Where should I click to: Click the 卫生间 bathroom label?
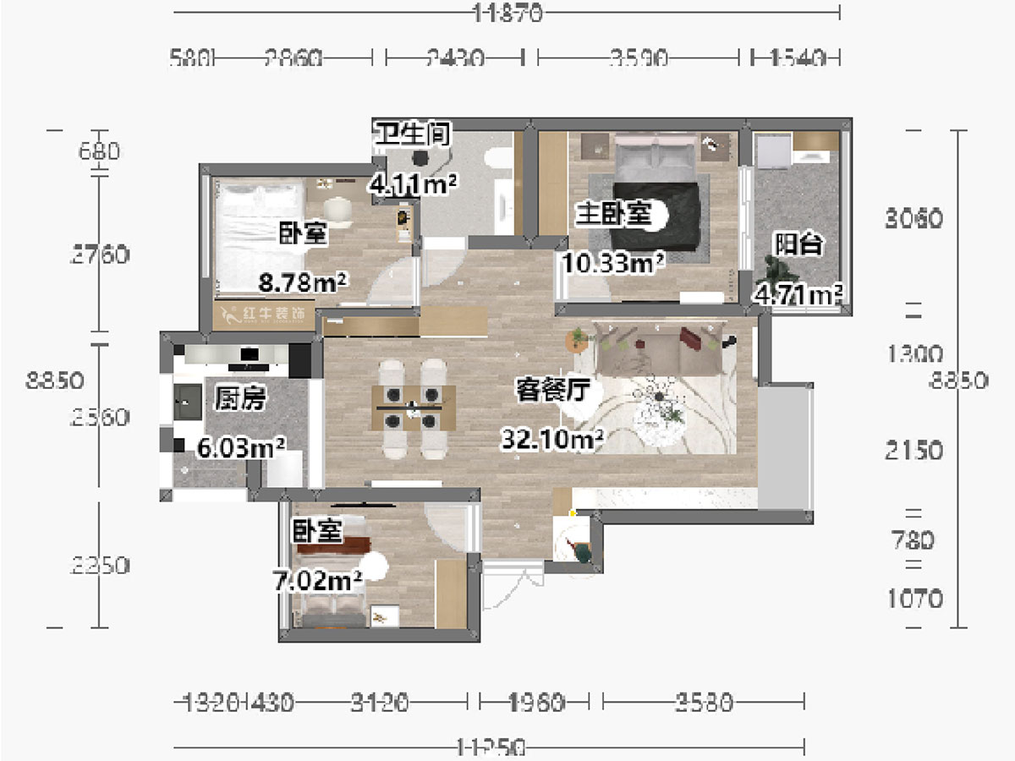pyautogui.click(x=413, y=134)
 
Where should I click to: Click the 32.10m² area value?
pyautogui.click(x=552, y=439)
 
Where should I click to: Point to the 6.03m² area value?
pyautogui.click(x=240, y=446)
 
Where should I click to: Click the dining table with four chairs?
pyautogui.click(x=414, y=408)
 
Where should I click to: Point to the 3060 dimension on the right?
pyautogui.click(x=913, y=219)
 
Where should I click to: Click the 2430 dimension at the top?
pyautogui.click(x=455, y=58)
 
